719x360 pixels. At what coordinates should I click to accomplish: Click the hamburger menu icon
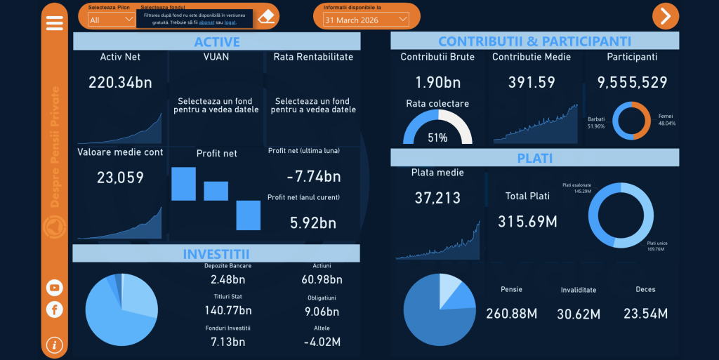(x=54, y=22)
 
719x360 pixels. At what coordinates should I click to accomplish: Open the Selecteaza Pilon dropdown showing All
(x=111, y=20)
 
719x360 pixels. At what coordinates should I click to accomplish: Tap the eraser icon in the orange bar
(x=266, y=16)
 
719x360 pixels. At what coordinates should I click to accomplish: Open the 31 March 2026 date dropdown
(x=366, y=20)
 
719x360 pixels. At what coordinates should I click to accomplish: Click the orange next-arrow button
(x=666, y=15)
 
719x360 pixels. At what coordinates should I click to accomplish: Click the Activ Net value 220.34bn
(x=120, y=82)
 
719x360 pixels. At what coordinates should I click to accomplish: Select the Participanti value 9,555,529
(x=632, y=82)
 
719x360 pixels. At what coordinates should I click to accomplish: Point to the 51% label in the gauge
(x=437, y=138)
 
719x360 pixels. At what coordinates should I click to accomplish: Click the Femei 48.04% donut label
(x=666, y=119)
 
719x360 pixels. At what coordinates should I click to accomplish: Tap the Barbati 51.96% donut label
(x=596, y=122)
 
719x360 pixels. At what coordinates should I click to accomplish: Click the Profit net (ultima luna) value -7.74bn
(x=314, y=176)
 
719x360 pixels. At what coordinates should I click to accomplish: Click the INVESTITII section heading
(x=216, y=253)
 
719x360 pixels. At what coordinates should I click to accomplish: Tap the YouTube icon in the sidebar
(x=54, y=287)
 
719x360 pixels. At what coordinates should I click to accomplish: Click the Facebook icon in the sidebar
(x=54, y=309)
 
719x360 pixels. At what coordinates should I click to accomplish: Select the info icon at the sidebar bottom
(x=54, y=345)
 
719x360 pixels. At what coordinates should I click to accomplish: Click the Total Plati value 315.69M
(x=527, y=222)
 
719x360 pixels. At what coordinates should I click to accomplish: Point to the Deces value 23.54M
(x=645, y=313)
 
